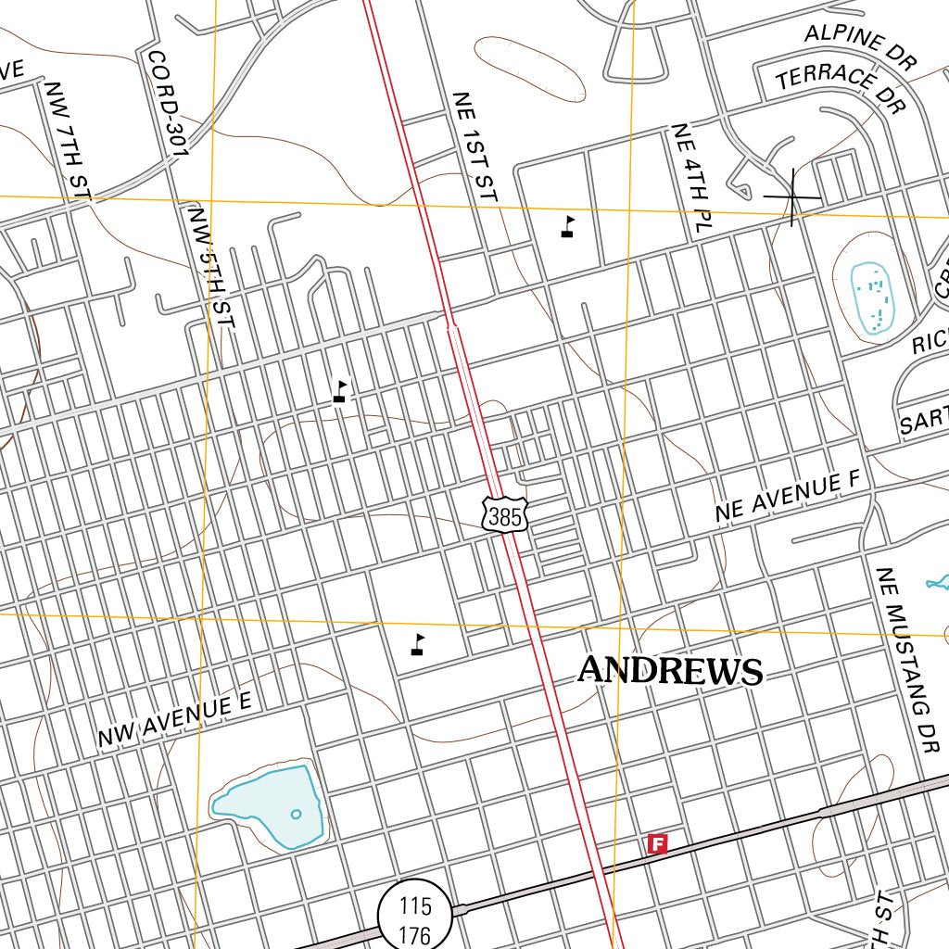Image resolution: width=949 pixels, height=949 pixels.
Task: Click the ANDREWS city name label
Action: [x=670, y=670]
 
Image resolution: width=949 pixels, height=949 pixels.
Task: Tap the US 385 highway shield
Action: [x=505, y=515]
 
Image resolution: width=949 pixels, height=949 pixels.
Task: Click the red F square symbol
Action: [x=657, y=843]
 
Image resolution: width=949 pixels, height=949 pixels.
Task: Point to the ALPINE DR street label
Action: [x=859, y=48]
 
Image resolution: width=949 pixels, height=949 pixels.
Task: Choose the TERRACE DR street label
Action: [x=840, y=89]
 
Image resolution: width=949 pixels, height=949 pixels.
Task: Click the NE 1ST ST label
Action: [x=474, y=146]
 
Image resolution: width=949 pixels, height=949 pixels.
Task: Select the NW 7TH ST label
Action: [x=69, y=140]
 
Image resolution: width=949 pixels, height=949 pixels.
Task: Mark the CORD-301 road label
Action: [x=168, y=102]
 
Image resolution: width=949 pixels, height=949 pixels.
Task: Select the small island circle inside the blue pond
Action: [x=296, y=815]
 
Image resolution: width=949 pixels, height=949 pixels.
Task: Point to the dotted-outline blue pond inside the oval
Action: [x=870, y=297]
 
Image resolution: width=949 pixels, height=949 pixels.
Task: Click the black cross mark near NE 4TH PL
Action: [x=792, y=196]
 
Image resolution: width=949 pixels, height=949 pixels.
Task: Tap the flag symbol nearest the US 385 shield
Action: [x=419, y=644]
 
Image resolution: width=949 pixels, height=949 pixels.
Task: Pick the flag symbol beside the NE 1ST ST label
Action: [x=567, y=227]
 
